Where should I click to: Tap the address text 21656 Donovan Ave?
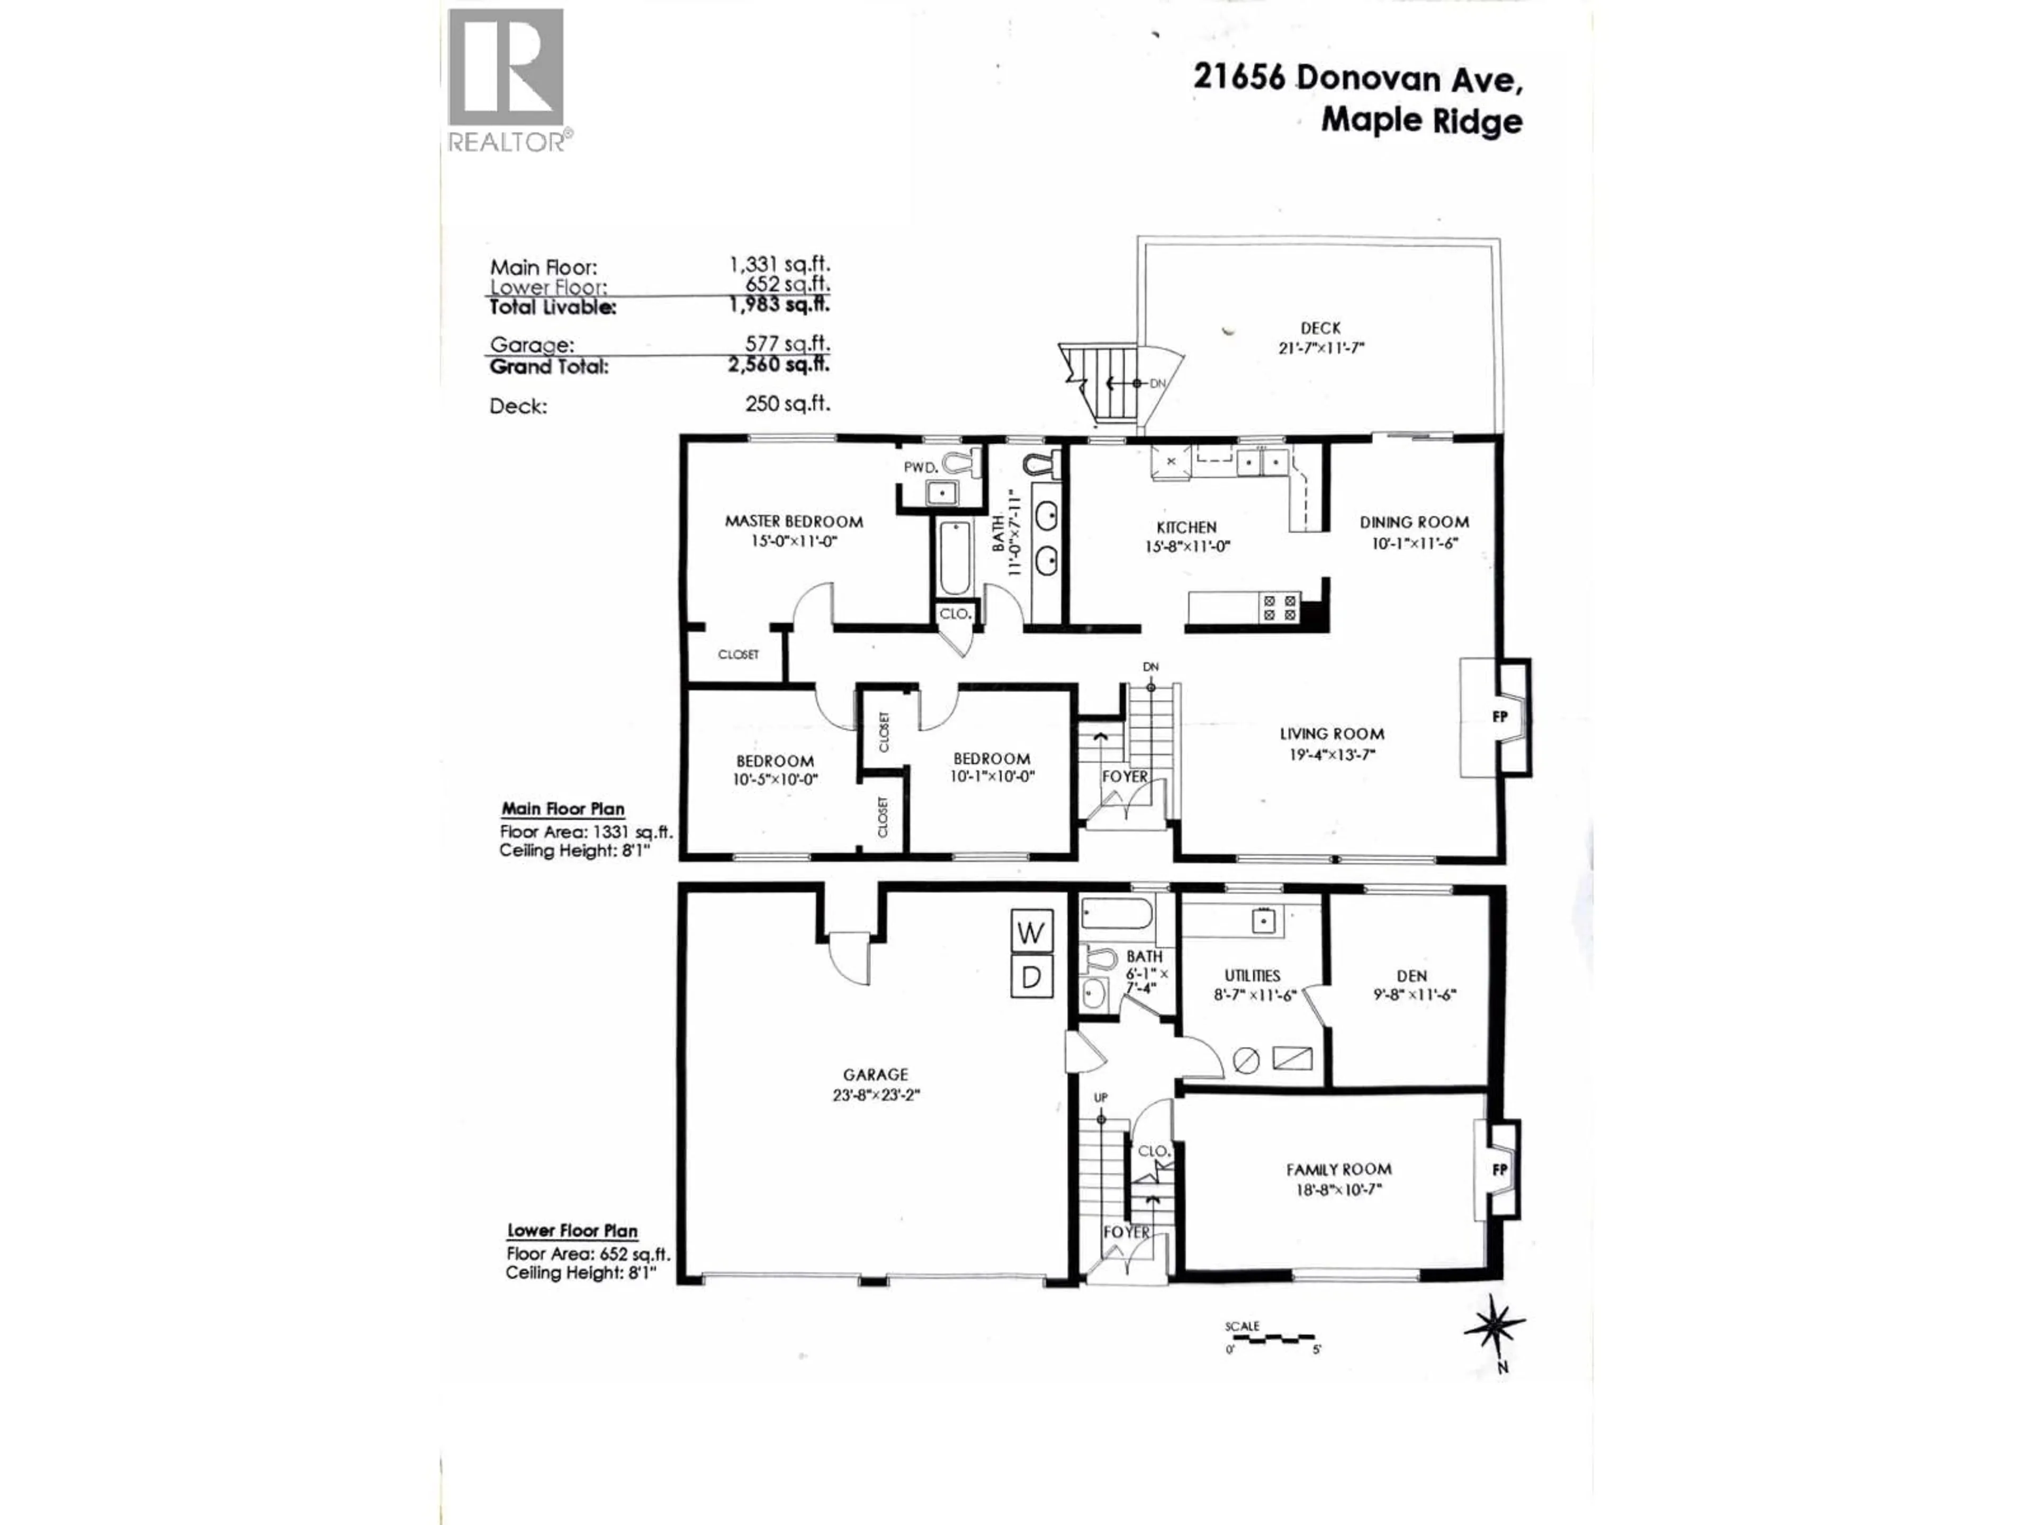point(1356,79)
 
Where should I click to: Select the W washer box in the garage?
point(1030,933)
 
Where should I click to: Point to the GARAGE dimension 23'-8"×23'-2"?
point(875,1095)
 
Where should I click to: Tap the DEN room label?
point(1411,975)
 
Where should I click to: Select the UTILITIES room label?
point(1252,975)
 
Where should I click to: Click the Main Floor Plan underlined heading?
point(562,809)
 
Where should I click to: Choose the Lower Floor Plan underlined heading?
point(572,1231)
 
